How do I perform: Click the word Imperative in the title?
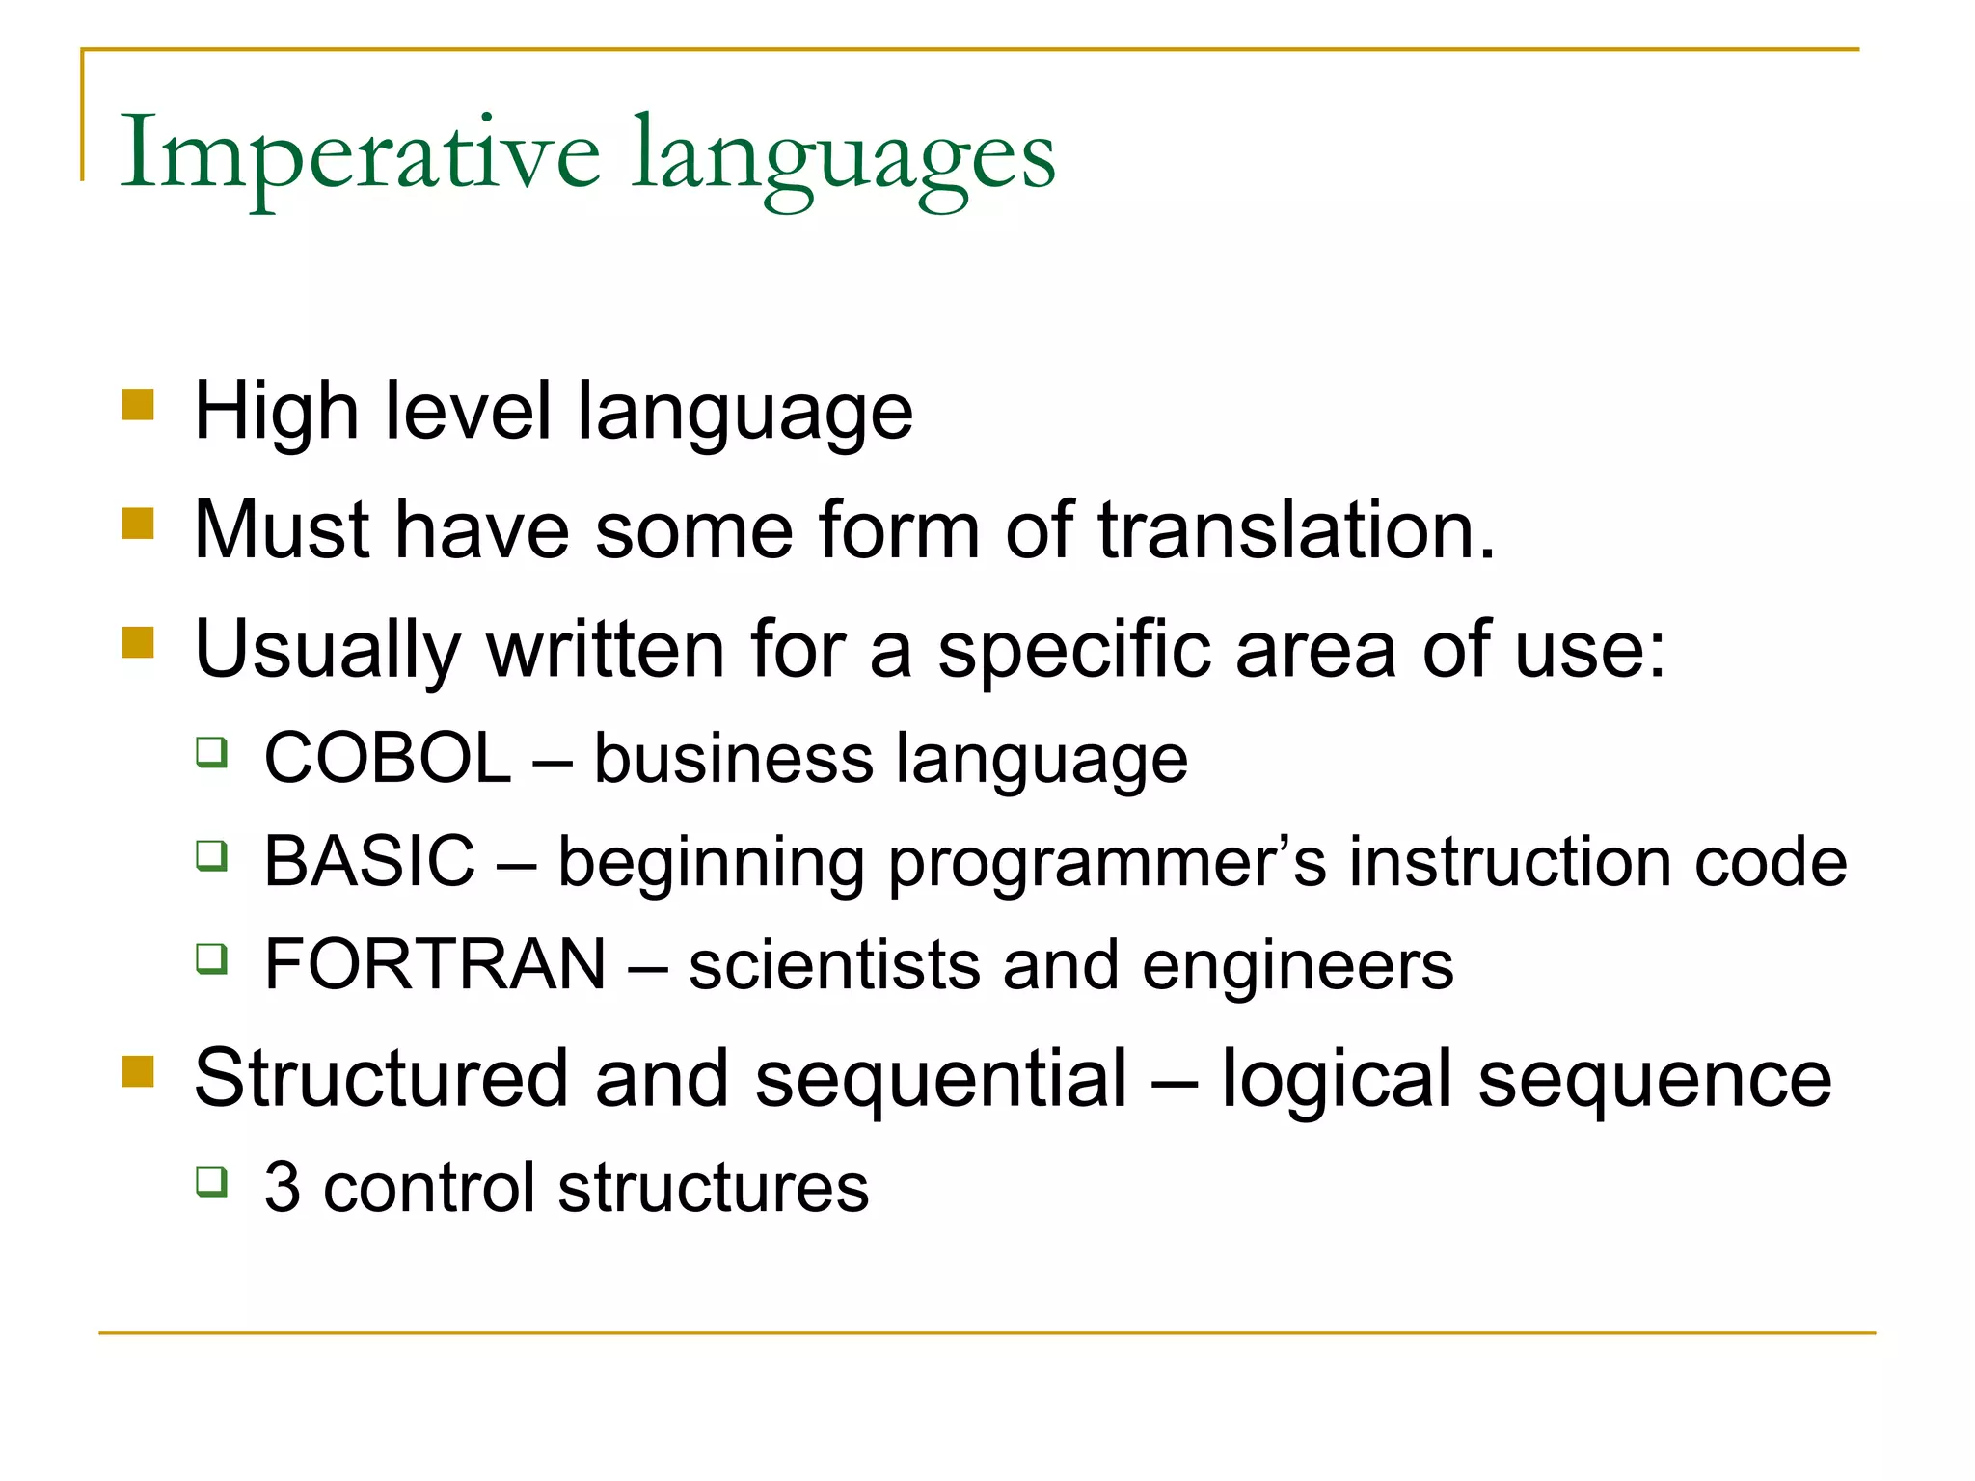(359, 154)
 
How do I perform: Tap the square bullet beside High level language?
(138, 405)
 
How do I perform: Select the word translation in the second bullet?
(1295, 530)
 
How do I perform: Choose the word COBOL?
(387, 758)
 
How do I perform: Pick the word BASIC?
(369, 861)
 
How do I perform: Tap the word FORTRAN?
(435, 964)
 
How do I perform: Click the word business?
(733, 758)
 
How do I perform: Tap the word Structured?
(381, 1078)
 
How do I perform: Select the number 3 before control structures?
(282, 1187)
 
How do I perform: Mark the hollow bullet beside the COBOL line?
(211, 752)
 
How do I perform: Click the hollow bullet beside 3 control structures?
(211, 1180)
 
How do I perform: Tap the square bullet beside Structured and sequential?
(138, 1071)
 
